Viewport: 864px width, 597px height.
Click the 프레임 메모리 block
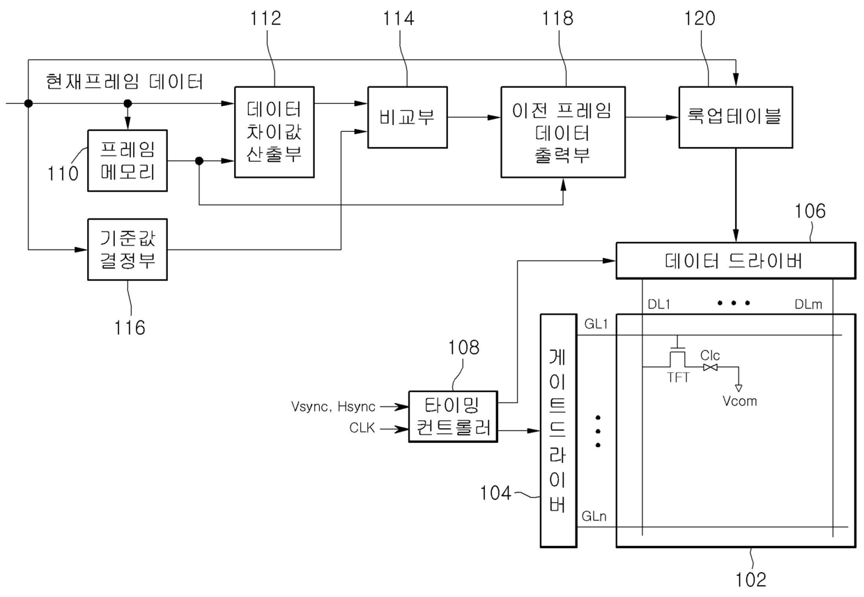tap(128, 160)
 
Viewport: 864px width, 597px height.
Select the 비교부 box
tap(408, 117)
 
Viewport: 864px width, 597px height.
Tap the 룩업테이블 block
tap(736, 117)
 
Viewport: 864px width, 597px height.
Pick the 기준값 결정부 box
tap(128, 250)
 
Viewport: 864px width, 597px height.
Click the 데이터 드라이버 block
tap(736, 261)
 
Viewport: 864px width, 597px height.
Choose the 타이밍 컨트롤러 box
tap(453, 416)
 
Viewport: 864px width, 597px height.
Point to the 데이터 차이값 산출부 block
tap(275, 132)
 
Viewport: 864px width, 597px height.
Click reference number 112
tap(265, 18)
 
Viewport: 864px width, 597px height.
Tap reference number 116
tap(130, 328)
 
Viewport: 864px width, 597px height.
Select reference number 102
tap(750, 580)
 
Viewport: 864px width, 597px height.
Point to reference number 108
tap(463, 347)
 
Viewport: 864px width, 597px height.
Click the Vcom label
tap(739, 401)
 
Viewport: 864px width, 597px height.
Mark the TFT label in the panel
tap(678, 377)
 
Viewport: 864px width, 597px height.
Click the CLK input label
tap(362, 428)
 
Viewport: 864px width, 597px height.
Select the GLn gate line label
tap(594, 516)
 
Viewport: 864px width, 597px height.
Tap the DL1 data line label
tap(659, 304)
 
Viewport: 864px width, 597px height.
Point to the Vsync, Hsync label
tap(333, 407)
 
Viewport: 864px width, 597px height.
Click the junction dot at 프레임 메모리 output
tap(199, 160)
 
